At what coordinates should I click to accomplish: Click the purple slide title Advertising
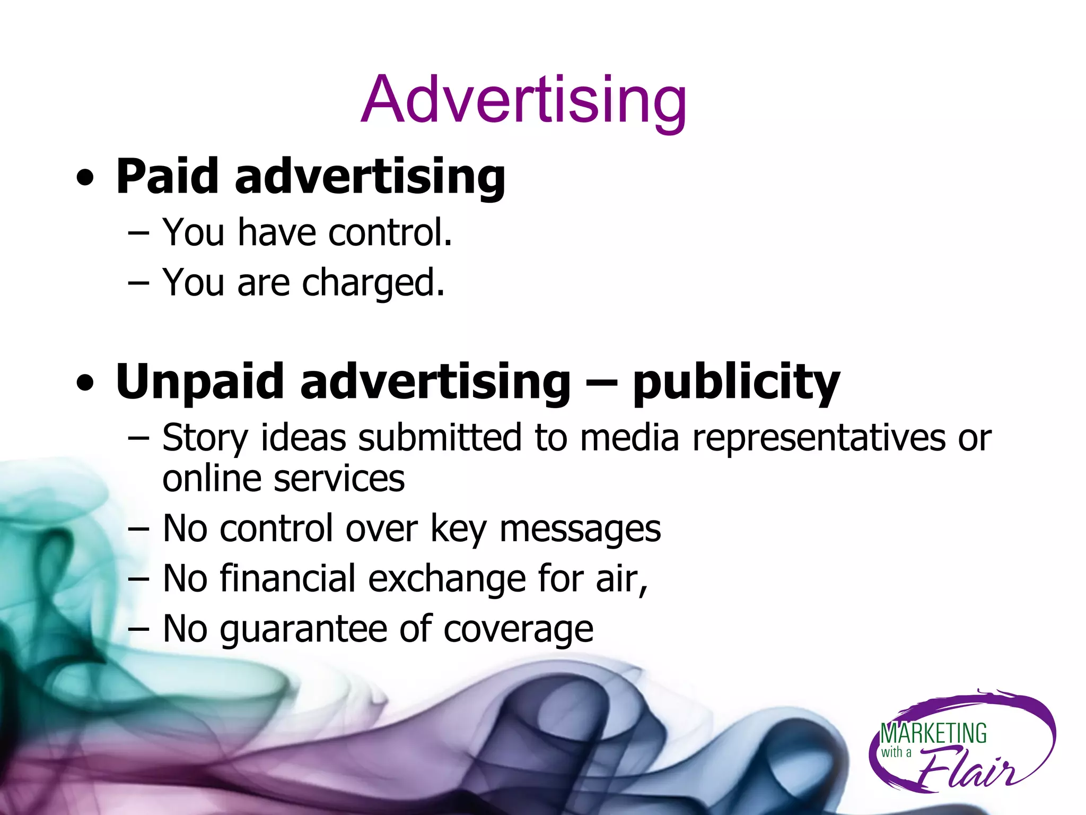pos(523,100)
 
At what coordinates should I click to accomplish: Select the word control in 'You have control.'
pos(390,232)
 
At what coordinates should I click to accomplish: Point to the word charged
pos(373,283)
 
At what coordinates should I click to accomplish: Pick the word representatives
pos(819,438)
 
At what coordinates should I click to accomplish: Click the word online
pos(211,479)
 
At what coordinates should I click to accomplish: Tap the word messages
pos(580,530)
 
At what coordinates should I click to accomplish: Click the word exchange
pos(446,578)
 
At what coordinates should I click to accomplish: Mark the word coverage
pos(518,630)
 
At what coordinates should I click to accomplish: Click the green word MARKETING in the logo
pos(933,734)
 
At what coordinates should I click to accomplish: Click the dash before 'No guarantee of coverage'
pos(138,629)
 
